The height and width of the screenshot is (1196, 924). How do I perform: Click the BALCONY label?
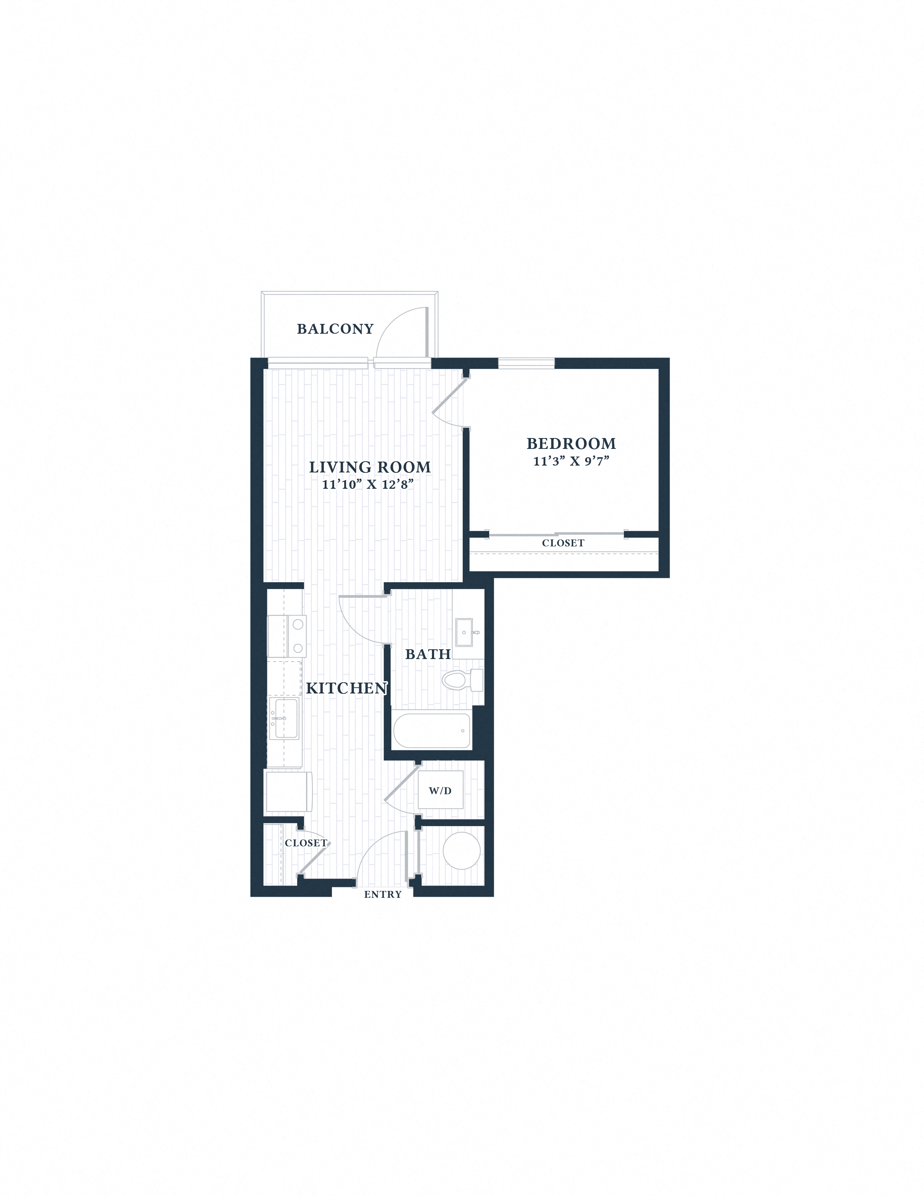coord(335,329)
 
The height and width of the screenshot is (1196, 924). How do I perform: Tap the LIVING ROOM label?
coord(370,467)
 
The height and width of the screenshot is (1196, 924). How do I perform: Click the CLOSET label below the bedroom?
coord(563,543)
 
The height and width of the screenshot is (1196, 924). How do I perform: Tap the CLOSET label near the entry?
coord(305,843)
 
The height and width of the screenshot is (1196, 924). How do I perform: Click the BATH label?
coord(428,654)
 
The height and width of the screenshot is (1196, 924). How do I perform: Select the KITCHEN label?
coord(346,688)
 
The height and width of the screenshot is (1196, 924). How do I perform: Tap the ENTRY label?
coord(383,894)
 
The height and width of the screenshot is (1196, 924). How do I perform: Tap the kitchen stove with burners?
coord(287,636)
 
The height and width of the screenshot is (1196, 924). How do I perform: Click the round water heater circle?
coord(461,851)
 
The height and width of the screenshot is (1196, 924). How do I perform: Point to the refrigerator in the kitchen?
coord(288,791)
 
